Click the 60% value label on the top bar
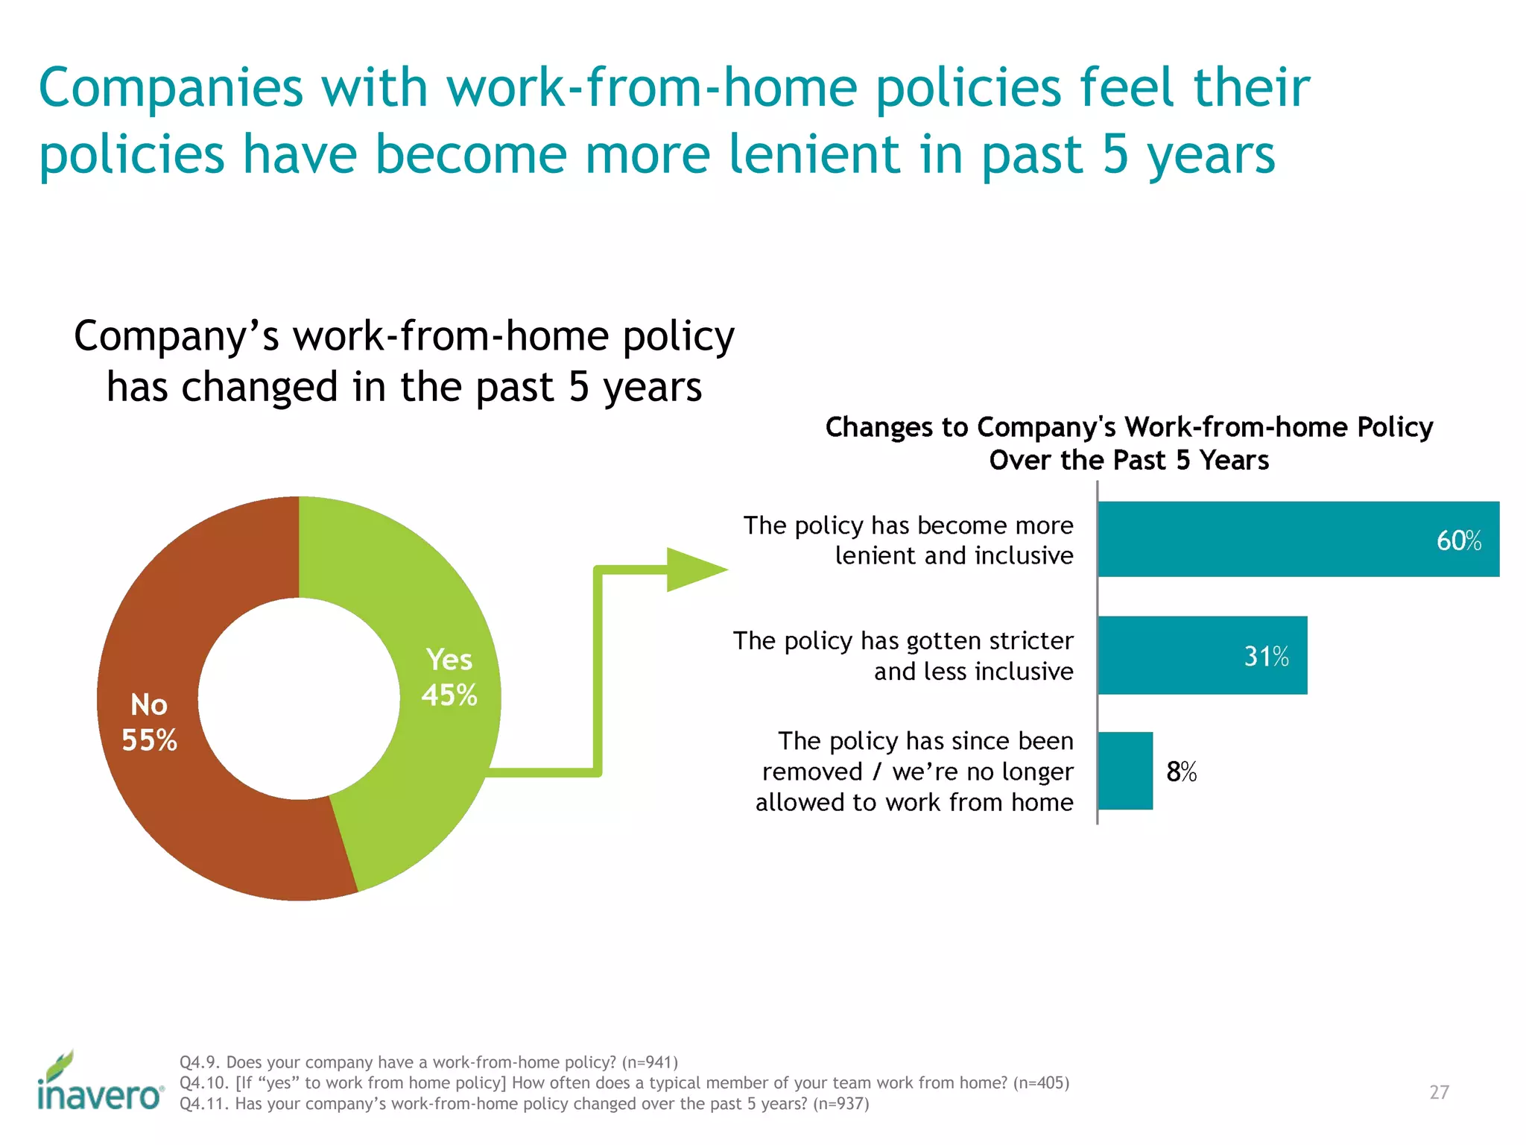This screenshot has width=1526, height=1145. [1458, 540]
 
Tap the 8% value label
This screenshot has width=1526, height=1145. [1181, 772]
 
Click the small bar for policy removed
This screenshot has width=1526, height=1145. [1125, 771]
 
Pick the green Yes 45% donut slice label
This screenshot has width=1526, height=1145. [449, 677]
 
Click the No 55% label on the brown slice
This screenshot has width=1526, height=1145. [149, 722]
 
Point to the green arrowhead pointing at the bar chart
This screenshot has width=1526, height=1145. [693, 570]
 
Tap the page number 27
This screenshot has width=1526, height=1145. [1439, 1092]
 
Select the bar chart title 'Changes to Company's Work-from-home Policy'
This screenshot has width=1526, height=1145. [1129, 428]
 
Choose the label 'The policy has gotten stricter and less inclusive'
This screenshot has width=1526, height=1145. [903, 656]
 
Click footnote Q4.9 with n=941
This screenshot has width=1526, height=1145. [428, 1062]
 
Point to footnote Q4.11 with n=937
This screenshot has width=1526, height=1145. [524, 1104]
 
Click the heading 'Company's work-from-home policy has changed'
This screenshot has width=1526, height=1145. [404, 361]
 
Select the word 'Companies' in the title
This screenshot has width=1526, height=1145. [171, 87]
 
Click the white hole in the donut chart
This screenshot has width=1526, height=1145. [299, 698]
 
